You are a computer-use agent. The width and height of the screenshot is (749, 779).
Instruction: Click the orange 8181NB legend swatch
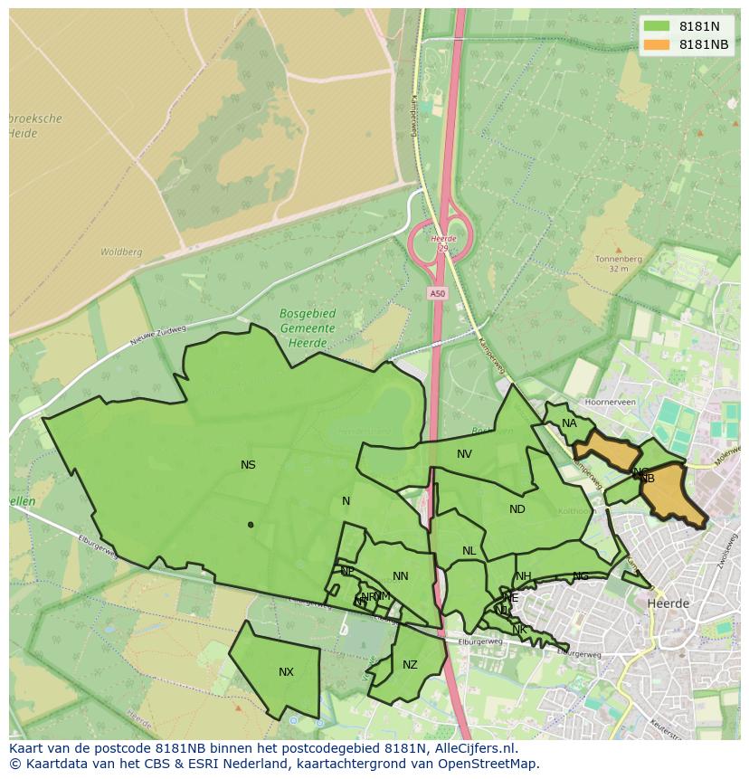pyautogui.click(x=658, y=44)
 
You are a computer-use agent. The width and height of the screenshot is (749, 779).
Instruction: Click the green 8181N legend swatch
pyautogui.click(x=658, y=26)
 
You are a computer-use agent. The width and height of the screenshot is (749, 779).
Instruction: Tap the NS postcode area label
pyautogui.click(x=248, y=465)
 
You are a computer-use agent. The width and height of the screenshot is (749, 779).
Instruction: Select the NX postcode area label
pyautogui.click(x=286, y=672)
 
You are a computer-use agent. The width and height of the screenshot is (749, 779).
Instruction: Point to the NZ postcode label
pyautogui.click(x=410, y=665)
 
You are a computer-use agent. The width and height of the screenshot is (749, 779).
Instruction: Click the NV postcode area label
pyautogui.click(x=464, y=454)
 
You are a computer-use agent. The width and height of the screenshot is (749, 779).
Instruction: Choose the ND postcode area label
pyautogui.click(x=517, y=509)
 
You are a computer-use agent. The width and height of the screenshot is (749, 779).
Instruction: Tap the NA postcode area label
pyautogui.click(x=569, y=423)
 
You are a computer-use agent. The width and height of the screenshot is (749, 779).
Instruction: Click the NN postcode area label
pyautogui.click(x=401, y=576)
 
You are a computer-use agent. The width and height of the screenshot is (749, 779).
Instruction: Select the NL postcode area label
pyautogui.click(x=469, y=551)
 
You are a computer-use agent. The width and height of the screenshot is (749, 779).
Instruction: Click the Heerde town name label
pyautogui.click(x=668, y=603)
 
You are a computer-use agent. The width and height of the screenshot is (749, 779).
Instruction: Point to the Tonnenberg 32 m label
pyautogui.click(x=618, y=263)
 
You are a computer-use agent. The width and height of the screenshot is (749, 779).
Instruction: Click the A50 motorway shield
pyautogui.click(x=438, y=293)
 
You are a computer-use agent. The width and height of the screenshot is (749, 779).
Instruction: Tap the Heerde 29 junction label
pyautogui.click(x=442, y=242)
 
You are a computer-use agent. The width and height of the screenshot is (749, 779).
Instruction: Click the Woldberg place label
pyautogui.click(x=121, y=252)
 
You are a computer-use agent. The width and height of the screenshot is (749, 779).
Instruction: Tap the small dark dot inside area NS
pyautogui.click(x=251, y=525)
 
